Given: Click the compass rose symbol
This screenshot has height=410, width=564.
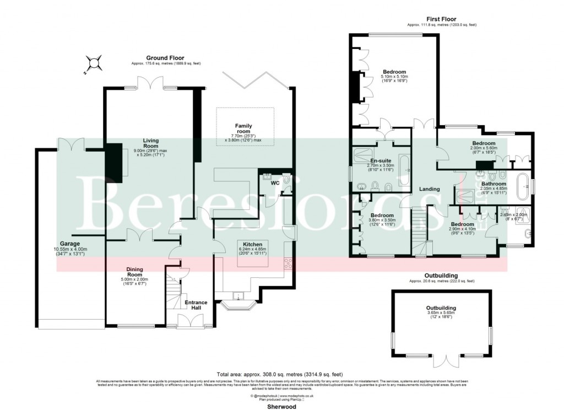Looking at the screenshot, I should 95,63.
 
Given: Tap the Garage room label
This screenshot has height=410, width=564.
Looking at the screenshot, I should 70,244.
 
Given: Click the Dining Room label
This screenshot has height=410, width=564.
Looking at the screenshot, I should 135,272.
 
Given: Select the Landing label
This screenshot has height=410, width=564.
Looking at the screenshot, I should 430,189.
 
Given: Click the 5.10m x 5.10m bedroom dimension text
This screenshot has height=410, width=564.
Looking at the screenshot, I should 394,77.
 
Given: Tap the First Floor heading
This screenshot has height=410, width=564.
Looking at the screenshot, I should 442,19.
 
